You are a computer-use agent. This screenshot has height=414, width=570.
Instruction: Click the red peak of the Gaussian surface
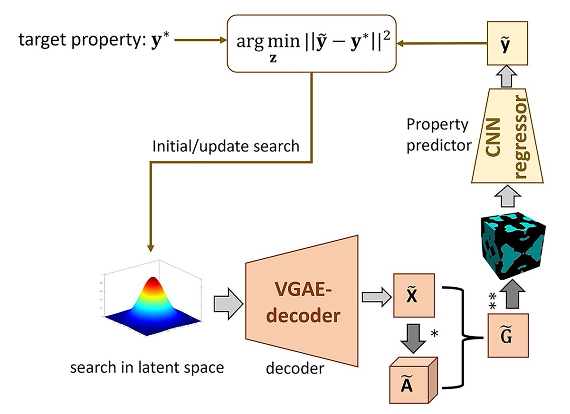pyautogui.click(x=153, y=285)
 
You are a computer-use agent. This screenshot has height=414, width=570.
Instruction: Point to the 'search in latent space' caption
pyautogui.click(x=147, y=367)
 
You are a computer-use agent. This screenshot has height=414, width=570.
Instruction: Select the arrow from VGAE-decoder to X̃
pyautogui.click(x=375, y=297)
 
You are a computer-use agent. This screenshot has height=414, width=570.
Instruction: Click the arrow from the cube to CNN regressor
pyautogui.click(x=507, y=195)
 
